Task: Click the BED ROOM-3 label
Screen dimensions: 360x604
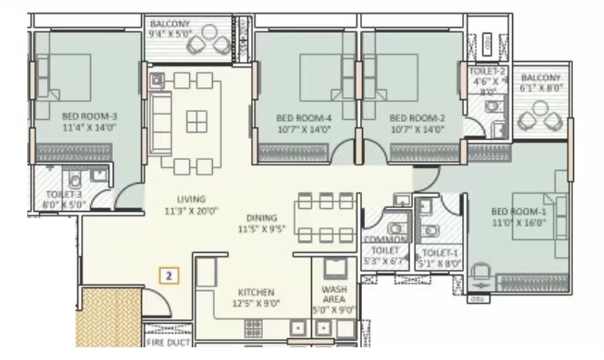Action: [90, 115]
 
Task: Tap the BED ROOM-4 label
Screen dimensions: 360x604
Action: [303, 117]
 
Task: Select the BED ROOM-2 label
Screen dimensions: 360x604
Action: [417, 117]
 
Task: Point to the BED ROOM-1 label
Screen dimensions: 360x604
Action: [519, 211]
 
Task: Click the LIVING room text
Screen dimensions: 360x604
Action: [192, 198]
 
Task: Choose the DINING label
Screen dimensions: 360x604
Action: [261, 217]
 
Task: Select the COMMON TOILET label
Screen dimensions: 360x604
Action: [386, 244]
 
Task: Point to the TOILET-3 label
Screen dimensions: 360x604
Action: [65, 194]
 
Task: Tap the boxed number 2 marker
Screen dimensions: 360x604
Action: [166, 274]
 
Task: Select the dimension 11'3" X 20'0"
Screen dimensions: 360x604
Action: [192, 211]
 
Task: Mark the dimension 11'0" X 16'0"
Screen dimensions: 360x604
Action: [519, 222]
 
